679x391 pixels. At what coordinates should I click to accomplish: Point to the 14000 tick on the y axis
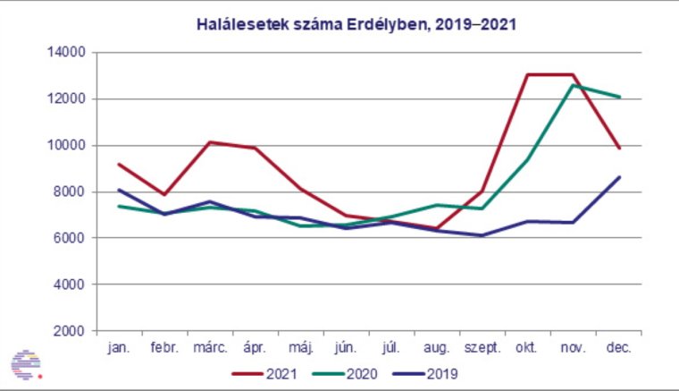(x=67, y=53)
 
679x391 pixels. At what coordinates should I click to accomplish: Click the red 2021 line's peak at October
(x=528, y=74)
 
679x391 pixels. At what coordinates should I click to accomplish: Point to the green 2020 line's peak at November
(x=573, y=85)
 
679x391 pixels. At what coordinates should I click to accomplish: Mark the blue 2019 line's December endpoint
(x=619, y=177)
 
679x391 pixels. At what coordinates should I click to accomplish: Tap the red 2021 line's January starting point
(x=119, y=164)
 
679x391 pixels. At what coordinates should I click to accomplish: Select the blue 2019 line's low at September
(x=482, y=235)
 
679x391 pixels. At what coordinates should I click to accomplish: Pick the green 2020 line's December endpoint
(x=619, y=97)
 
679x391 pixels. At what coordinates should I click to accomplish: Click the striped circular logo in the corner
(x=27, y=363)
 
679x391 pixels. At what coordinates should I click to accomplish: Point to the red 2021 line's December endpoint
(x=619, y=148)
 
